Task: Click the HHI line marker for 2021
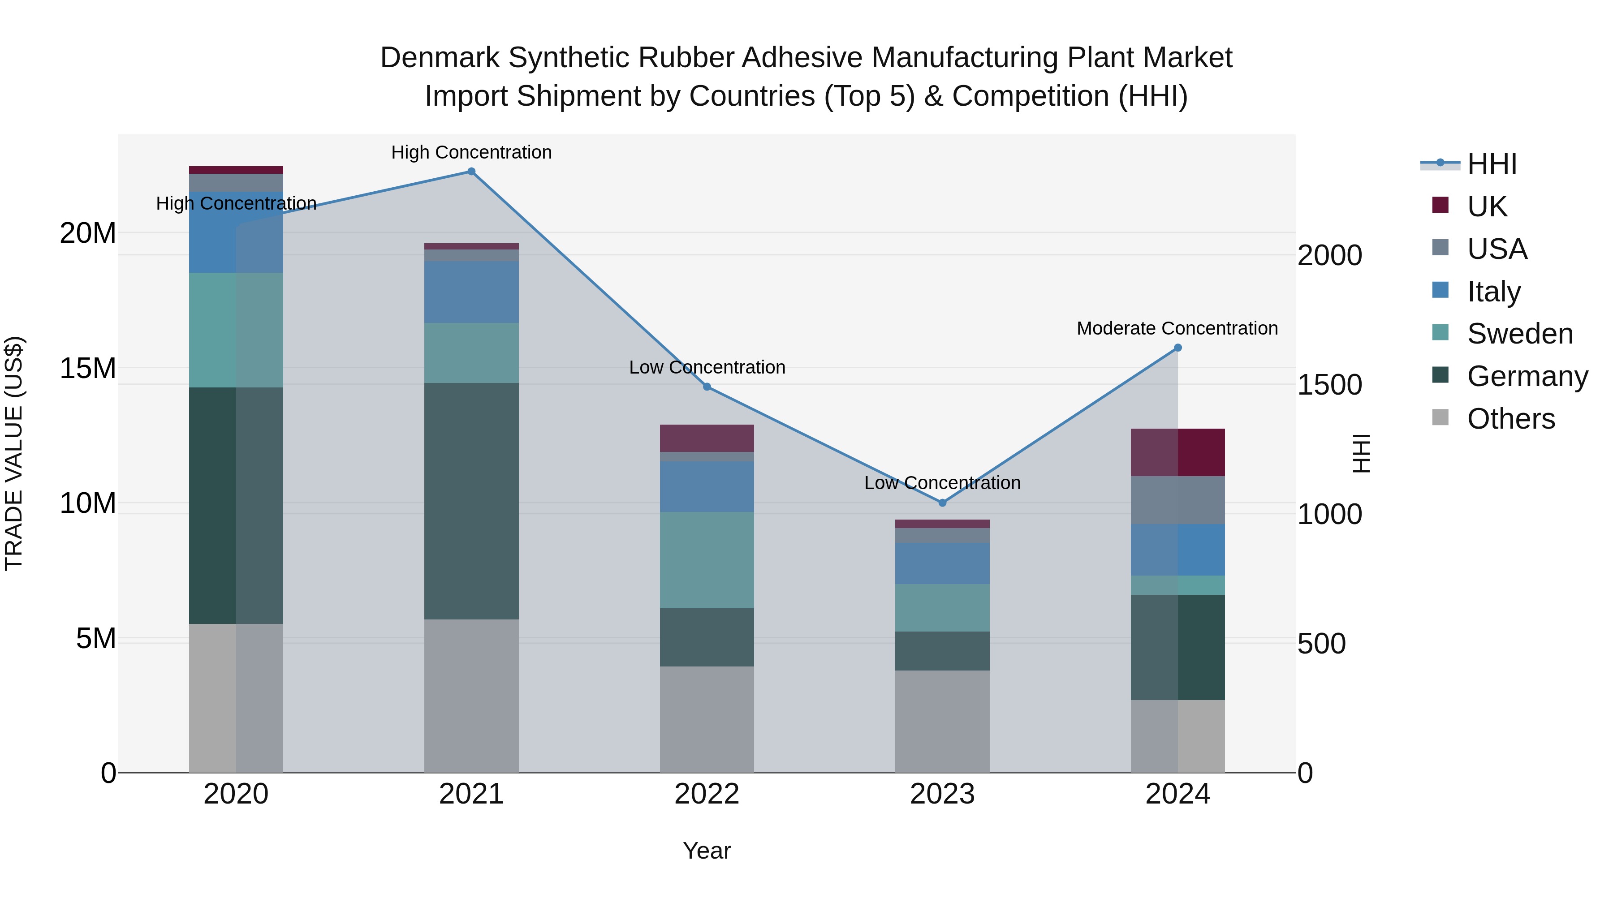471,172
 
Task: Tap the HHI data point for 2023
942,503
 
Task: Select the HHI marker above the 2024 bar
1178,348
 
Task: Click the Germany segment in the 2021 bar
471,501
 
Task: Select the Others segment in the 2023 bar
942,721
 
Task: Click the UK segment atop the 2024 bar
1178,452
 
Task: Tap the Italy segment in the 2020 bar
236,232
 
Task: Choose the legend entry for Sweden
1520,334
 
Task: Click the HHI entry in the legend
1492,164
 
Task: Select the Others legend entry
1510,419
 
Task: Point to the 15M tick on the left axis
88,368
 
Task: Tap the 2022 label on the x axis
707,794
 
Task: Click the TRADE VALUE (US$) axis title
14,453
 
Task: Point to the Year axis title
707,851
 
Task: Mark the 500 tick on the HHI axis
1321,644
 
